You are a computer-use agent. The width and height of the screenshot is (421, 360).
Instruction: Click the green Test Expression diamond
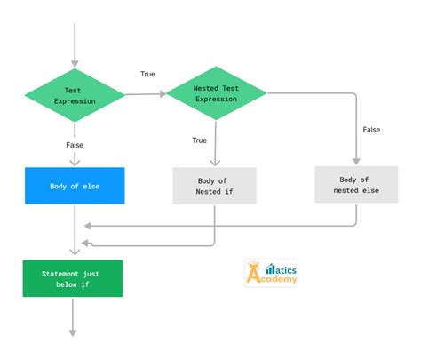(75, 94)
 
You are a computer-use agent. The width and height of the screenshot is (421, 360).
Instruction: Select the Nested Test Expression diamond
(217, 93)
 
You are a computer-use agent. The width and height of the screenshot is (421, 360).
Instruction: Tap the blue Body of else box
(75, 186)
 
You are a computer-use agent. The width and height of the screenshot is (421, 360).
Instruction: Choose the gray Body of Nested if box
(213, 186)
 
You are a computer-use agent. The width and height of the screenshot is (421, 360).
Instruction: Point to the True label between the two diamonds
(147, 74)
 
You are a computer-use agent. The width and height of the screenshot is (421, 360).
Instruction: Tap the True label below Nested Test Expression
(200, 140)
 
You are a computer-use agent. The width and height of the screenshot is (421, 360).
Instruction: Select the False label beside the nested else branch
(371, 130)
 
